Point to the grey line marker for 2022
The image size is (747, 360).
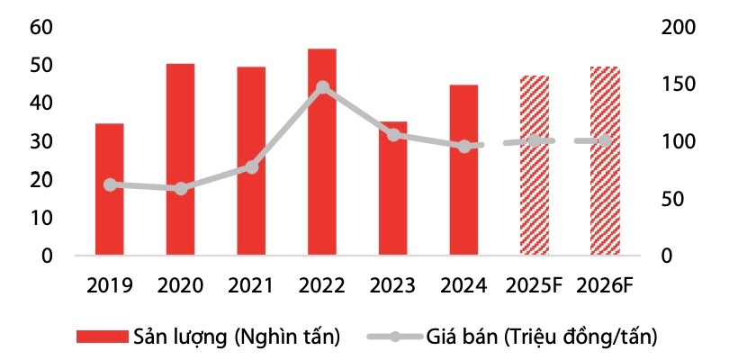pos(322,87)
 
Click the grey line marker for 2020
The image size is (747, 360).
pos(181,188)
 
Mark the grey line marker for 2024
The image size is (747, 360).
pos(464,146)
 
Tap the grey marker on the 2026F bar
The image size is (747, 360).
pos(605,141)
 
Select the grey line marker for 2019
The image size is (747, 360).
pos(110,184)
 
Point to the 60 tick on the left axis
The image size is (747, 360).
pos(40,27)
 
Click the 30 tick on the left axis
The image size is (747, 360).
pos(40,142)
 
